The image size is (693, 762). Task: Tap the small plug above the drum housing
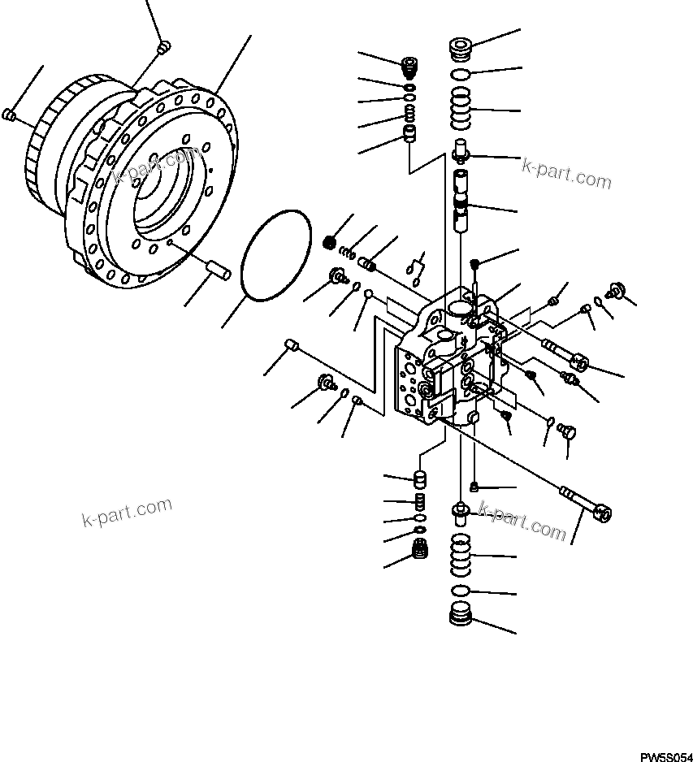pos(162,47)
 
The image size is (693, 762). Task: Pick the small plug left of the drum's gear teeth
pos(11,115)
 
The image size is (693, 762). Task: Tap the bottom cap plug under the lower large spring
pos(460,616)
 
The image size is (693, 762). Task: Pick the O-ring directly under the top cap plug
pos(460,74)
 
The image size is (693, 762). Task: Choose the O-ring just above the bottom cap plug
pos(460,590)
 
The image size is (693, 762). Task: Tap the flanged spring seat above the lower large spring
pos(461,511)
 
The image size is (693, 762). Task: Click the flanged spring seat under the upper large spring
pos(461,150)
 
